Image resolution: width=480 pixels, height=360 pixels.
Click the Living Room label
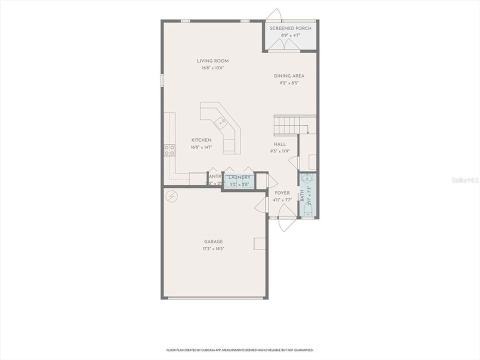(212, 61)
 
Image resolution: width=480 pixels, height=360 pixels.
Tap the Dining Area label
(289, 76)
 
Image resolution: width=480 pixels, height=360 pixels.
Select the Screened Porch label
(290, 28)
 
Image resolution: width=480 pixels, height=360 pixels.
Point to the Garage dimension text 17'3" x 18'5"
(213, 248)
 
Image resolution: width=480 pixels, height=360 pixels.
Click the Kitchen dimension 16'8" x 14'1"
(201, 147)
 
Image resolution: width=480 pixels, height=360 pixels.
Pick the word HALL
(279, 144)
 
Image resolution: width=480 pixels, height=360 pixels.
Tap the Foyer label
(282, 193)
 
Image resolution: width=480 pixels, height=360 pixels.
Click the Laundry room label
(239, 177)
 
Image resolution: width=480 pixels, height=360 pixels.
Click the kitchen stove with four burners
(169, 150)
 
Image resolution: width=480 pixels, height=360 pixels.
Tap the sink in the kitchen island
(220, 120)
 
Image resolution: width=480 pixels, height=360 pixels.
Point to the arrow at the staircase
(307, 131)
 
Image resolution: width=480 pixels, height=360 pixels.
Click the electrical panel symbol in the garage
(172, 196)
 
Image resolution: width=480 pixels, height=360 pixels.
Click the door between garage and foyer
(261, 204)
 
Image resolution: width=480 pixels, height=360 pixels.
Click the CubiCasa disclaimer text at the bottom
(239, 350)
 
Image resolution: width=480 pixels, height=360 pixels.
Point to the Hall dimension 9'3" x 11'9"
(279, 151)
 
